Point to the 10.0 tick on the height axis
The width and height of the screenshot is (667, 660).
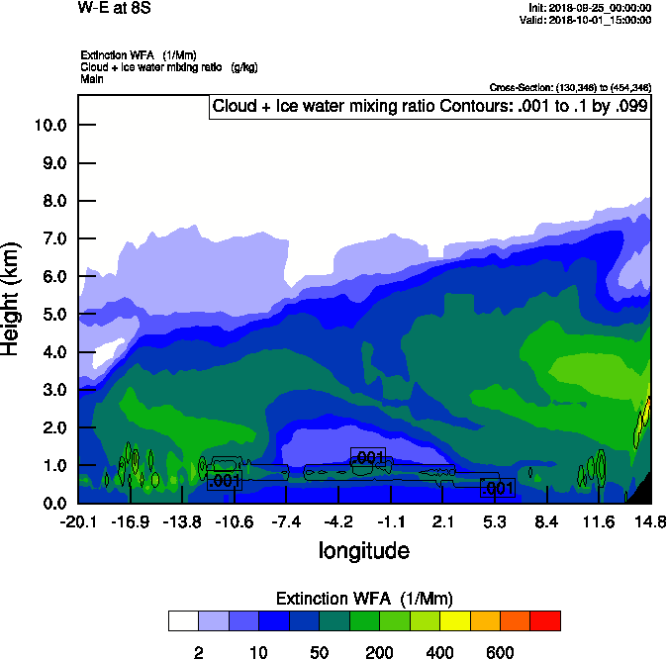click(50, 126)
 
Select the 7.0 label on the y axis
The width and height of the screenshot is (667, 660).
click(50, 238)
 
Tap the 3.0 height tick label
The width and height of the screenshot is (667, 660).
click(50, 390)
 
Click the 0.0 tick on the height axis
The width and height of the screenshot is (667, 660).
click(50, 503)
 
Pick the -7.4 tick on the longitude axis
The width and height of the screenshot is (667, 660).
click(286, 521)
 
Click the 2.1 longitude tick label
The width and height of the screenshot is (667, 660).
click(443, 521)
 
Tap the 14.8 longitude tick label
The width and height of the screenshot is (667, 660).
click(649, 521)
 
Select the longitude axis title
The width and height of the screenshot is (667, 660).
click(363, 549)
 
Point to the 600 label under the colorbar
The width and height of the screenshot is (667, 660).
click(500, 652)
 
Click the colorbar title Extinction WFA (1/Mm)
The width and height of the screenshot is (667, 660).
click(363, 599)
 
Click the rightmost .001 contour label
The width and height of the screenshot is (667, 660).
click(497, 488)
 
